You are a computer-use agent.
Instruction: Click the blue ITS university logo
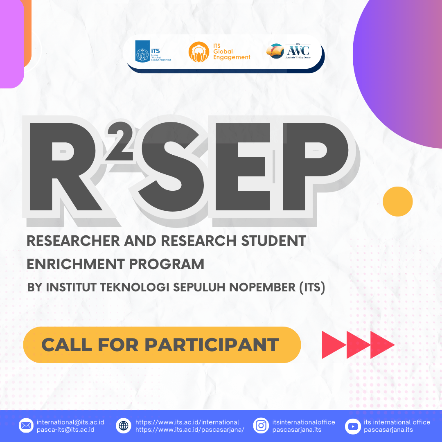pyautogui.click(x=143, y=52)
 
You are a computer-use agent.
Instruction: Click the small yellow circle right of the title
pyautogui.click(x=397, y=201)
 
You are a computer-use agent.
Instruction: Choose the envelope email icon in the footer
pyautogui.click(x=26, y=426)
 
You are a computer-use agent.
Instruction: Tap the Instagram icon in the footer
pyautogui.click(x=261, y=426)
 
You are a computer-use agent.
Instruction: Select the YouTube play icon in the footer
pyautogui.click(x=352, y=426)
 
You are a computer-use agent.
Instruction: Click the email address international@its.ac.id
pyautogui.click(x=70, y=422)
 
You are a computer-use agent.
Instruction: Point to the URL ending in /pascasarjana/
pyautogui.click(x=189, y=430)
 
